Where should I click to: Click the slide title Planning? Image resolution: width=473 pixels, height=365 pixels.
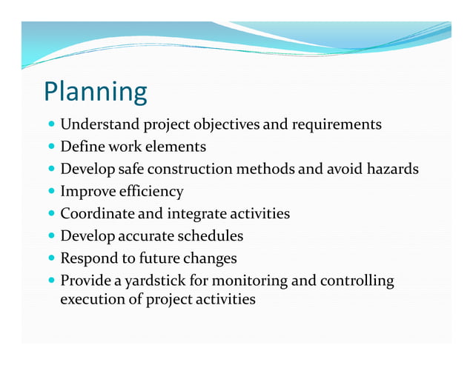coord(96,92)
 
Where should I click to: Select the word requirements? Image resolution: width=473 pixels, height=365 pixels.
coord(336,124)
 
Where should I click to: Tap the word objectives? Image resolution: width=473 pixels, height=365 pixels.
coord(224,124)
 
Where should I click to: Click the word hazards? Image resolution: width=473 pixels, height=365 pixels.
coord(391,169)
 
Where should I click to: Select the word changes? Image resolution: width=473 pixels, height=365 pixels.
coord(210,258)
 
